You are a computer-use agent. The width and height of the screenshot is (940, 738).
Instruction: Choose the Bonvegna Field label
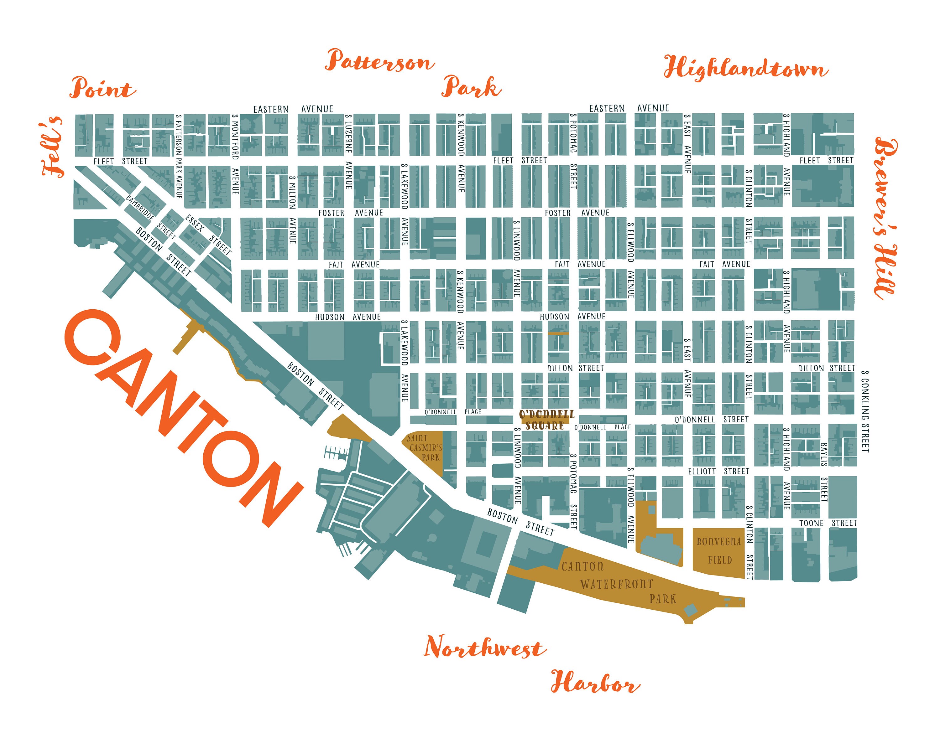point(719,550)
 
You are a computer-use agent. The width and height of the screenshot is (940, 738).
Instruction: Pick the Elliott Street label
point(718,472)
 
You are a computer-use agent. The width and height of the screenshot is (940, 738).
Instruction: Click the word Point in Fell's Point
point(102,89)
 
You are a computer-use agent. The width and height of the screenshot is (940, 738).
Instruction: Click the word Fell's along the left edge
point(53,147)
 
